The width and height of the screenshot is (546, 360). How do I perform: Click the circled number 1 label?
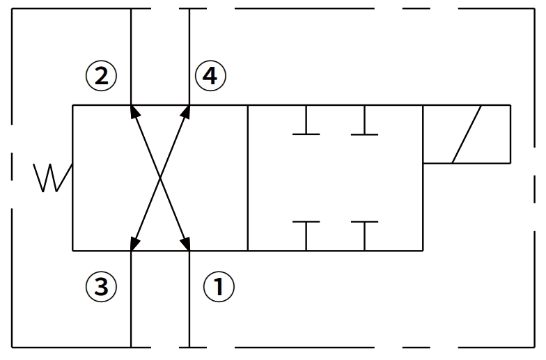point(219,286)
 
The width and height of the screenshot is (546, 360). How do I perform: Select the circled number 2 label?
point(101,75)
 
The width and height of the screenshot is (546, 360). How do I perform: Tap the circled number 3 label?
point(101,286)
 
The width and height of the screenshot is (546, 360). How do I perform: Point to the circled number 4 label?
point(210,75)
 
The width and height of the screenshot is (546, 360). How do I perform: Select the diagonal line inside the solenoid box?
point(467,134)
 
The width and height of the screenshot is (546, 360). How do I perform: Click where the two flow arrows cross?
point(160,178)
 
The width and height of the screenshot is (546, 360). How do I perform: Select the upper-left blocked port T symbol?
point(306,125)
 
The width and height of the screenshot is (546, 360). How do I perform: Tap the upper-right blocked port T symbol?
point(364,125)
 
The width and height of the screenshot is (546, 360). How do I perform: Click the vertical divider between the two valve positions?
point(248,178)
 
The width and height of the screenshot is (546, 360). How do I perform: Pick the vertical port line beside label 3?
point(131,299)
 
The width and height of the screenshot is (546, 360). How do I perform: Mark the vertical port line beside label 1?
point(189,299)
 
